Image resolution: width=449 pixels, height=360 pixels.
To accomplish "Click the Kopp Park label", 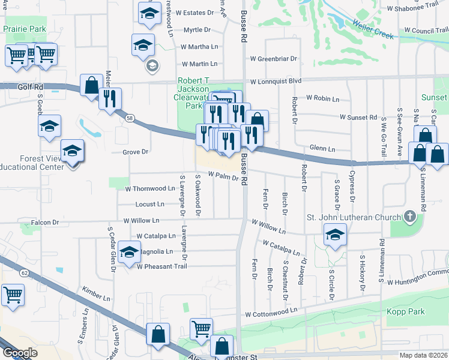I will pos(406,311).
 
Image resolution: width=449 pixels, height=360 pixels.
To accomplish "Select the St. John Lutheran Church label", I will pos(353,217).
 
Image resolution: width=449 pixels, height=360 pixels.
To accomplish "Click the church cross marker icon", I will pos(410,216).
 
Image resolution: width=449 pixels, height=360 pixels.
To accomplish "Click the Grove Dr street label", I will pos(135,152).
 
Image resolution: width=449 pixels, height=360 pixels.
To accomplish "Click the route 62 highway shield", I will pos(25,272).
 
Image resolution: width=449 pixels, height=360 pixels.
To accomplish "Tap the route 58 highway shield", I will pos(130,119).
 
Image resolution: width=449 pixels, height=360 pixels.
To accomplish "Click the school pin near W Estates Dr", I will pos(149,14).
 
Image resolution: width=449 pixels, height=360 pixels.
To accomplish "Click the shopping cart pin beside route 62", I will pos(12,295).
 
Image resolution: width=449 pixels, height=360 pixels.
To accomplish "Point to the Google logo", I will pos(20,352).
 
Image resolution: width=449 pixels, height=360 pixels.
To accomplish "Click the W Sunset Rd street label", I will pos(358,117).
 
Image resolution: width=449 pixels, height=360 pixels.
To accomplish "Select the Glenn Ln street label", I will pos(322,148).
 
